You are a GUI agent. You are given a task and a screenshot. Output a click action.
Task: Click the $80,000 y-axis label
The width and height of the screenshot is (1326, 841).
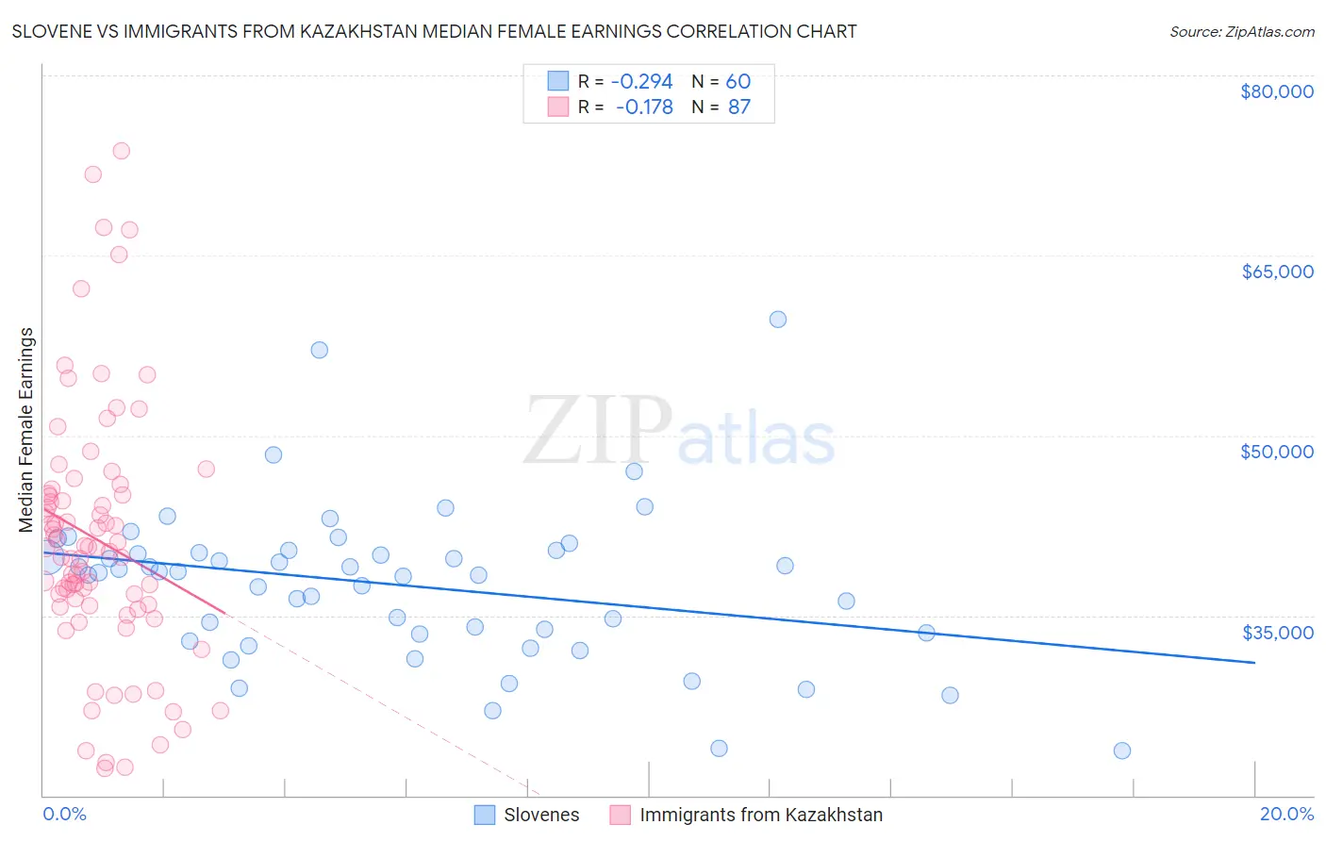[x=1276, y=91]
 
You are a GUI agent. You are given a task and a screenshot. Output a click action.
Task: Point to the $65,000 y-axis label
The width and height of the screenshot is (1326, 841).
[x=1276, y=272]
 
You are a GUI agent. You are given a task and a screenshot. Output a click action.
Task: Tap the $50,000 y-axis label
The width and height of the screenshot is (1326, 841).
[x=1276, y=452]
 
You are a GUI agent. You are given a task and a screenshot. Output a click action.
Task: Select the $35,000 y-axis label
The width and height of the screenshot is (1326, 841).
[x=1276, y=632]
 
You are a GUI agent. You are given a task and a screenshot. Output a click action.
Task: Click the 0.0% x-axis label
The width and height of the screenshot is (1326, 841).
[x=64, y=814]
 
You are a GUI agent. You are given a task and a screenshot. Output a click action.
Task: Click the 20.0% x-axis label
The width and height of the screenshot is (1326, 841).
[x=1286, y=814]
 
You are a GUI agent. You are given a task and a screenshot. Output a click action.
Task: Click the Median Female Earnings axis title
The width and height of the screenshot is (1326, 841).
[x=26, y=430]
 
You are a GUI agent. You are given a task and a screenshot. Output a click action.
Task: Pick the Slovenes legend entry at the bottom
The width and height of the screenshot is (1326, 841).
[x=527, y=815]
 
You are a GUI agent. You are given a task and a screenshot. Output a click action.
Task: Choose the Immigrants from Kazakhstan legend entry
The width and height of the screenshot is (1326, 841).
[x=746, y=815]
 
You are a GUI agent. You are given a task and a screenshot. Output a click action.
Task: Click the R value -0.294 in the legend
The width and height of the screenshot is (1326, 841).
[x=641, y=81]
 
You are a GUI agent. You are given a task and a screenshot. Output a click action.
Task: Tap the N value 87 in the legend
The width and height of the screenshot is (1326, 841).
[x=739, y=107]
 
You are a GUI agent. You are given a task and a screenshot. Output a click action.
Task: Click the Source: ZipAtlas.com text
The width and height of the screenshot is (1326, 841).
[x=1241, y=32]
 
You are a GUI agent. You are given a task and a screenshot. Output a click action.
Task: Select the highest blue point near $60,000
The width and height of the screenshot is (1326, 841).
[x=778, y=320]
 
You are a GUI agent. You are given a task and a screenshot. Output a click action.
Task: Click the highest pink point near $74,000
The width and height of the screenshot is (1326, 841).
[x=121, y=151]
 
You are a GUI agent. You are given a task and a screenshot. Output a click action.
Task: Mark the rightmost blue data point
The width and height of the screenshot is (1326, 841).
[x=1121, y=750]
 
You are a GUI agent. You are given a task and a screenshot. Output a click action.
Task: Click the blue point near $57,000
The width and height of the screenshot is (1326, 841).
[x=320, y=350]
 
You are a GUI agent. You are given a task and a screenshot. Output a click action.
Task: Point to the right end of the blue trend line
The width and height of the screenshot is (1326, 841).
[x=1254, y=663]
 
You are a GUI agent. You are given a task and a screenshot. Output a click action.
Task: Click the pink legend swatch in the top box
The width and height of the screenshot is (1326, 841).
[x=558, y=107]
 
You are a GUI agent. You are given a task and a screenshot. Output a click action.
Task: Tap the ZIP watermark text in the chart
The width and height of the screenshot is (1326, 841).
[x=598, y=431]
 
